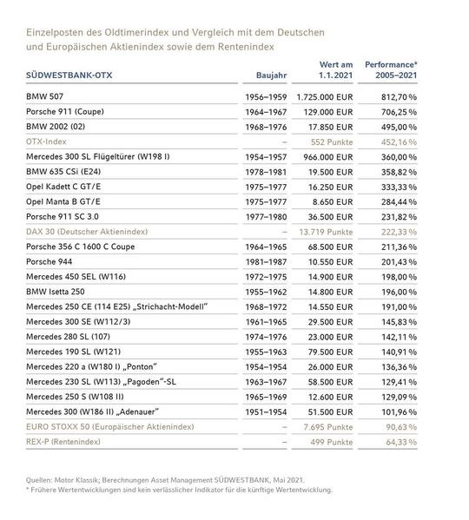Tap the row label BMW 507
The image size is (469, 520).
click(x=46, y=98)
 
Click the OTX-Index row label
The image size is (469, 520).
click(x=49, y=142)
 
